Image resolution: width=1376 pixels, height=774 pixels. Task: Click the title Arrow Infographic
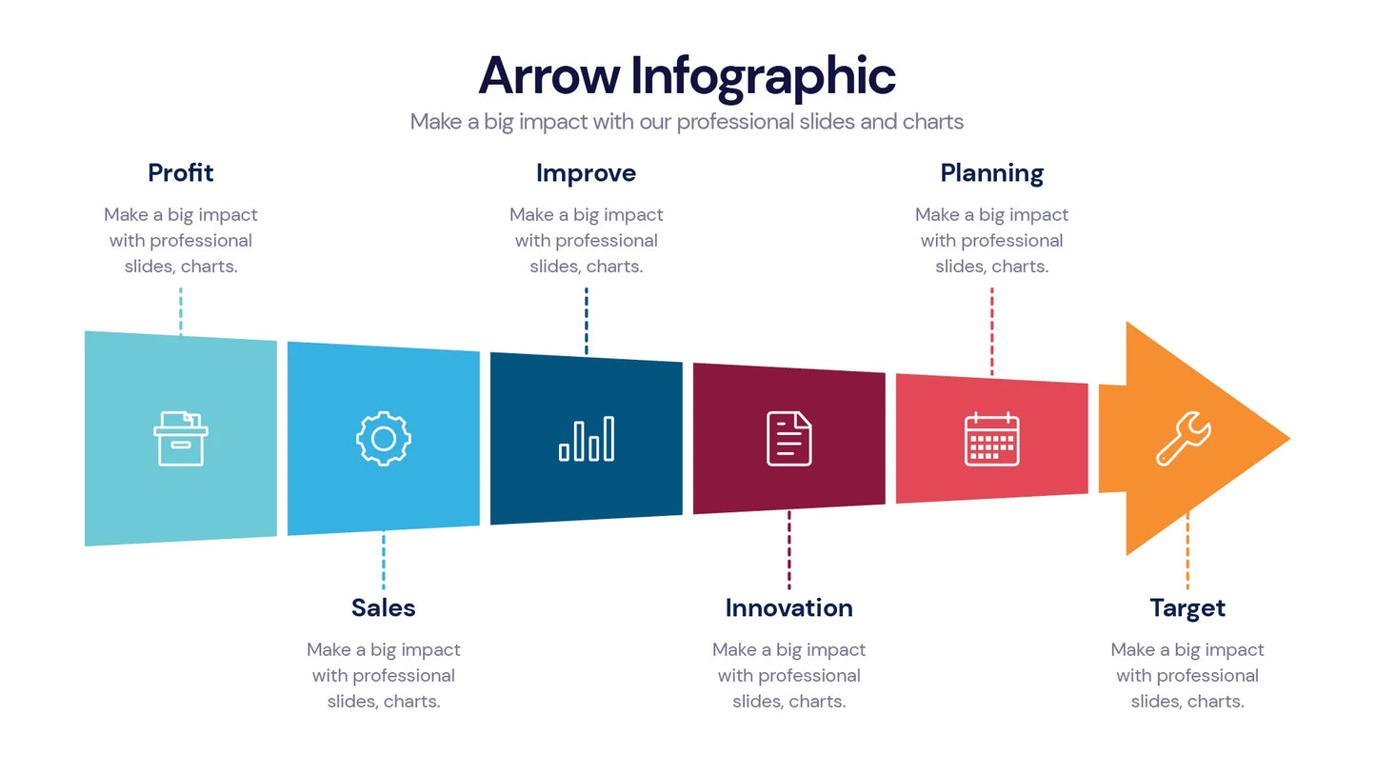click(687, 76)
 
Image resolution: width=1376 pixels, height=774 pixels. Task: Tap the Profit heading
click(181, 173)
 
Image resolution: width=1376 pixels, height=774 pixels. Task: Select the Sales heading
click(383, 607)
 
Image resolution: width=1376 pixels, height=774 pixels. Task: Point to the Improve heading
click(586, 173)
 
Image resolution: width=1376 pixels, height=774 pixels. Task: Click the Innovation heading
click(788, 607)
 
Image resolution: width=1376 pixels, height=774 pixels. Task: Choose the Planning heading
click(991, 173)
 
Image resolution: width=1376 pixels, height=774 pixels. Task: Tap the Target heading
click(1187, 607)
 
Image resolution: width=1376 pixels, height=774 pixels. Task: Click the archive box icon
click(181, 438)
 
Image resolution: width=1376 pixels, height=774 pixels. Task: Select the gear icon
click(384, 439)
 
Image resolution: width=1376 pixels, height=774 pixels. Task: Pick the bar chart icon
click(587, 439)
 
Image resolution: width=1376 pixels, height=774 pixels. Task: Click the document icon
click(789, 439)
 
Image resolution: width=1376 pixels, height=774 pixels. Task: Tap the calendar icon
click(991, 439)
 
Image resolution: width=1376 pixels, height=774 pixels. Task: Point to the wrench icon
click(1184, 439)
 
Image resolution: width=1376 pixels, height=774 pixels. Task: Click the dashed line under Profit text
click(181, 309)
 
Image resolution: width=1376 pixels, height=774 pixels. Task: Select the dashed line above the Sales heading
click(384, 561)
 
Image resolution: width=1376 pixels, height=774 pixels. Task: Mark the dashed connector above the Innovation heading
click(788, 550)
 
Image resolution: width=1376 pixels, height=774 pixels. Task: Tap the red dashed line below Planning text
click(991, 330)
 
